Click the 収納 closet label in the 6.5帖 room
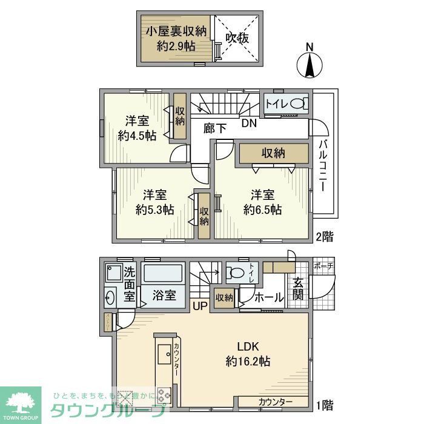pos(273,153)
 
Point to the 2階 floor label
pos(323,236)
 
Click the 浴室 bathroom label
pos(164,296)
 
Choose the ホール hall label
pos(269,297)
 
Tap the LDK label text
pos(248,346)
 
